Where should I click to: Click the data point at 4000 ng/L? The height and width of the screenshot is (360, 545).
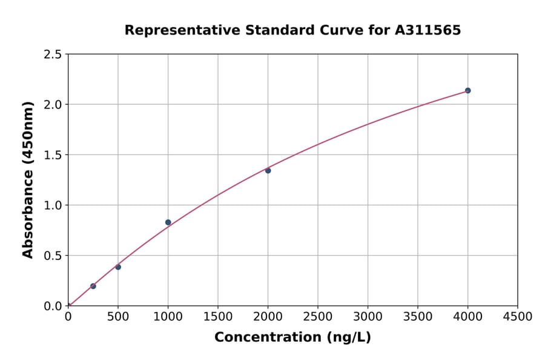tap(467, 90)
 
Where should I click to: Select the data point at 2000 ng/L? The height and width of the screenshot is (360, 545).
tap(268, 170)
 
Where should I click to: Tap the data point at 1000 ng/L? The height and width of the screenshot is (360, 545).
tap(168, 222)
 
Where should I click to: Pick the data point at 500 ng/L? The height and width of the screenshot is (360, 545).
tap(118, 267)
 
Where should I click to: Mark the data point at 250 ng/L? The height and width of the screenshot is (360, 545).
tap(93, 286)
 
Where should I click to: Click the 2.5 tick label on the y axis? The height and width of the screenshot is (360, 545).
tap(53, 55)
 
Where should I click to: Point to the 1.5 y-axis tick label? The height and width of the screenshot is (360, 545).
tap(53, 155)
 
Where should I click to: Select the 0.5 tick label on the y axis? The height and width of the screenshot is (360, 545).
tap(53, 256)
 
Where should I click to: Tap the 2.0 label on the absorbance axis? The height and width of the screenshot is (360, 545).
tap(53, 105)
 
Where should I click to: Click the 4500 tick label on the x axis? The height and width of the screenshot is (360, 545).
tap(517, 317)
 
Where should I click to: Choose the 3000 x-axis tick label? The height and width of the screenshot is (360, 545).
tap(368, 317)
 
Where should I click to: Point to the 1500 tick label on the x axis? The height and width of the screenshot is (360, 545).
tap(218, 317)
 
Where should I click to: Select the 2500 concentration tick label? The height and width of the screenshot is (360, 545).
tap(318, 317)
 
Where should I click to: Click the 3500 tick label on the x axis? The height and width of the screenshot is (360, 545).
tap(418, 317)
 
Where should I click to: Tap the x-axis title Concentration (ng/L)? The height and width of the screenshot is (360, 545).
tap(292, 338)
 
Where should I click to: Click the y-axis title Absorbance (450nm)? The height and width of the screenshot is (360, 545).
tap(28, 180)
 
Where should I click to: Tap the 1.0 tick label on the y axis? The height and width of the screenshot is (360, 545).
tap(53, 205)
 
